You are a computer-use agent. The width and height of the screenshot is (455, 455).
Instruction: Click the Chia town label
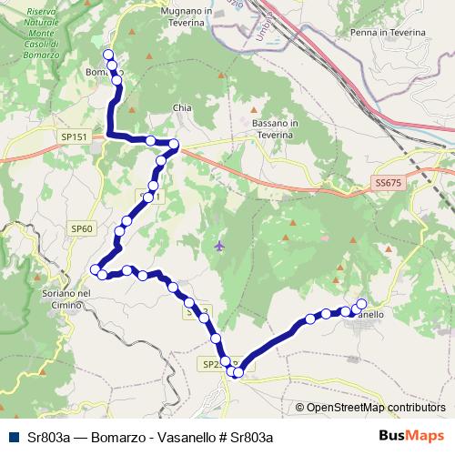click(182, 107)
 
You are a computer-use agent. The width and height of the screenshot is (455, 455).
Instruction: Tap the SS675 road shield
click(387, 183)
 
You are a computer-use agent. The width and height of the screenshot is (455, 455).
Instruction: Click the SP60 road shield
click(82, 228)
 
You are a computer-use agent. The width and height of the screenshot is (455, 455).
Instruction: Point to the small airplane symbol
click(219, 245)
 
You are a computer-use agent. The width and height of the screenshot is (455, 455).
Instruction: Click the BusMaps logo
click(418, 435)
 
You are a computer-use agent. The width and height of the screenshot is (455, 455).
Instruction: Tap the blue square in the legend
click(12, 436)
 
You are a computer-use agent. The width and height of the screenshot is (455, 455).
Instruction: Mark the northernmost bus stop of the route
click(110, 55)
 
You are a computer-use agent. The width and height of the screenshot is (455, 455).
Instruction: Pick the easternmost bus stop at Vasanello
click(361, 304)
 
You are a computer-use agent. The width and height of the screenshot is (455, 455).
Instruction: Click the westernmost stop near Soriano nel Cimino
click(96, 268)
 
